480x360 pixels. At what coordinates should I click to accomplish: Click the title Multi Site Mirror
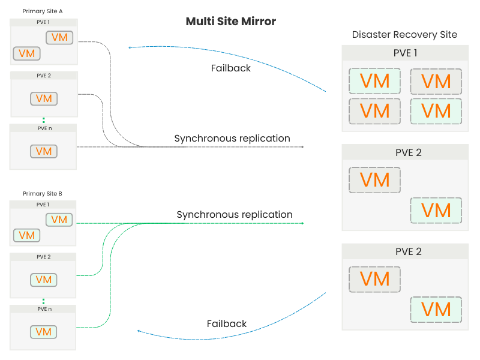coord(230,22)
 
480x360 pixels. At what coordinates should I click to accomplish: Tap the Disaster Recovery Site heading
coord(404,35)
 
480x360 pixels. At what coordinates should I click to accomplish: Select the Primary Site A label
coord(43,11)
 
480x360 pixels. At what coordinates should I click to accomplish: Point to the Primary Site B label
coord(43,194)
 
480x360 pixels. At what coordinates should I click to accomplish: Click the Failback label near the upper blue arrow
coord(230,68)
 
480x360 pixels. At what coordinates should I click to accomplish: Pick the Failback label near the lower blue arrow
coord(227,323)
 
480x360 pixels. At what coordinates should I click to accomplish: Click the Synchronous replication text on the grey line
coord(232,139)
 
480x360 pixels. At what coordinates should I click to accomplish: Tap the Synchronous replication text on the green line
coord(234,214)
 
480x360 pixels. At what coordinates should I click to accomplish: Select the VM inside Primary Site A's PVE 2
coord(44,98)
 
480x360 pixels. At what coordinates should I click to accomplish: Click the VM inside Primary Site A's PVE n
coord(44,151)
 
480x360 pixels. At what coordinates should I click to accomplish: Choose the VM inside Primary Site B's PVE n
coord(44,332)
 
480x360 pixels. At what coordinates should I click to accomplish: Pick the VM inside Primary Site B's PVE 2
coord(44,280)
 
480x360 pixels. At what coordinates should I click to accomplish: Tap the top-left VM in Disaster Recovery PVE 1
coord(374,81)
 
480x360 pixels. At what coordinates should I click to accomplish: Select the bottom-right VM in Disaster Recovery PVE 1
coord(436,111)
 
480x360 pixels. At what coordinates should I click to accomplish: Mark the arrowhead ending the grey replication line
coord(302,146)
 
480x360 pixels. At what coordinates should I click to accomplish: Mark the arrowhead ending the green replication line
coord(302,223)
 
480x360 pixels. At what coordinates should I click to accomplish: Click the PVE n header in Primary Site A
coord(44,128)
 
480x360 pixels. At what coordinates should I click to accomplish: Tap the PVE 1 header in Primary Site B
coord(44,205)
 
